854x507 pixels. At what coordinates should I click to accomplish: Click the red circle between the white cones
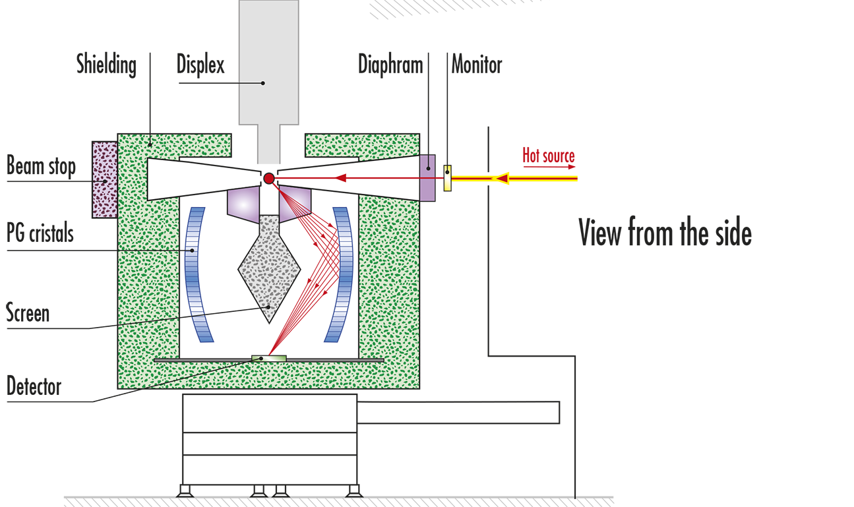coord(269,178)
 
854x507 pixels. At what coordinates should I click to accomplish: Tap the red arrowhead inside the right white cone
coord(341,178)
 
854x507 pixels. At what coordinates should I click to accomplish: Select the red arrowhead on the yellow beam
coord(502,178)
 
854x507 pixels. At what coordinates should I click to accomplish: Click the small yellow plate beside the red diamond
coord(448,178)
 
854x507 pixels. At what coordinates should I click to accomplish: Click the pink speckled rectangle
coord(105,179)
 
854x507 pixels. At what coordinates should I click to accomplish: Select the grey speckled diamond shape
coord(269,267)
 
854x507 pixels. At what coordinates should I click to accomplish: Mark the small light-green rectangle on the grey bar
coord(269,359)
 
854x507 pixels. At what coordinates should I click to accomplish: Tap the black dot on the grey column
coord(262,83)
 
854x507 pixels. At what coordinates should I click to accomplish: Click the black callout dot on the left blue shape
coord(192,251)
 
